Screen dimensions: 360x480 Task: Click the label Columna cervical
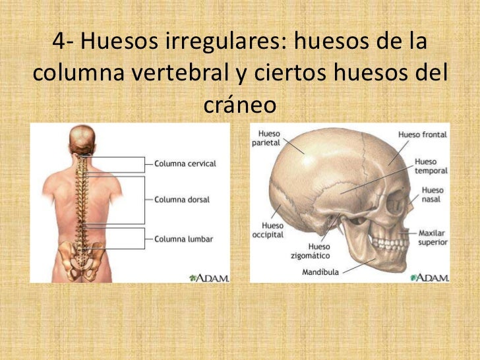click(x=185, y=164)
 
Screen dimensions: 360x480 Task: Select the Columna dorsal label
click(x=182, y=198)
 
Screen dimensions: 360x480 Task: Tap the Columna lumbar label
click(x=183, y=239)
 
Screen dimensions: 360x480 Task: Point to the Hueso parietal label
click(x=270, y=138)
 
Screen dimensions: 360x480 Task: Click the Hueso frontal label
click(x=422, y=135)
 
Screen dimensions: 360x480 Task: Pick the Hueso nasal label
click(x=433, y=195)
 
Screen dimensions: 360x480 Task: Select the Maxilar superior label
click(x=433, y=237)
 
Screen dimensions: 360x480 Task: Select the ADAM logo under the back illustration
click(x=209, y=278)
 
